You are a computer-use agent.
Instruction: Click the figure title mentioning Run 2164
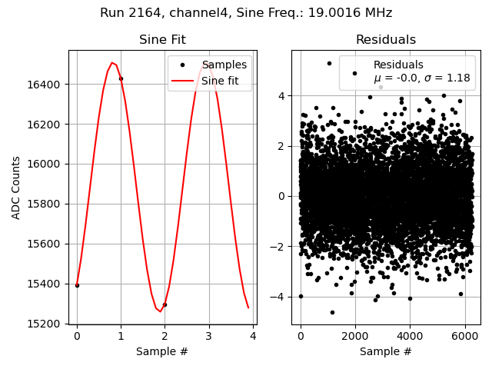click(246, 13)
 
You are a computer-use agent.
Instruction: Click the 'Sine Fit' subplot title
click(162, 40)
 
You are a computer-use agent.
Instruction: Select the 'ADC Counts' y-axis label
click(17, 187)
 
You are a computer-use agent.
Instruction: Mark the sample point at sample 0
click(77, 285)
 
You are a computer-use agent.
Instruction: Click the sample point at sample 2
click(165, 304)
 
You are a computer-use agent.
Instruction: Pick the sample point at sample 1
click(121, 78)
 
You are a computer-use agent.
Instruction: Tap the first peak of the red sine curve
click(112, 63)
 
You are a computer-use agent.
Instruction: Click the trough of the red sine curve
click(160, 311)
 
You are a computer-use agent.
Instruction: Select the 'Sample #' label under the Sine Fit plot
click(162, 351)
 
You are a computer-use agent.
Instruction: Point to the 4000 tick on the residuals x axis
click(410, 336)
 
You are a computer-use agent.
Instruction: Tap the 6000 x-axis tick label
click(464, 336)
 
